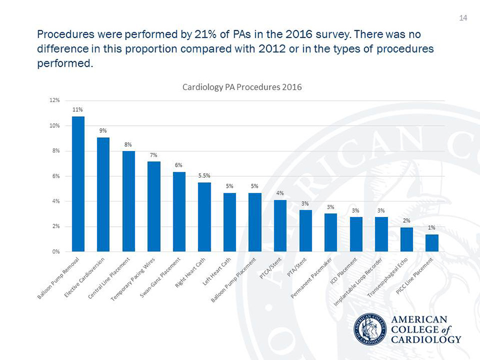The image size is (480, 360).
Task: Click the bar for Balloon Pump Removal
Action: tap(78, 184)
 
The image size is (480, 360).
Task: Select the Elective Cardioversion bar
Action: tap(103, 194)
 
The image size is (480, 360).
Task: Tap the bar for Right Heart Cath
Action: tap(204, 217)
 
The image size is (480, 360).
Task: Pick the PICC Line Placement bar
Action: tap(431, 243)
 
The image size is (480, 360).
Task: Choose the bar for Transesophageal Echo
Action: tap(406, 239)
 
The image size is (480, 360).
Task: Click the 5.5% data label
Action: tap(204, 175)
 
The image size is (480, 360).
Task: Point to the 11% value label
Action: tap(77, 109)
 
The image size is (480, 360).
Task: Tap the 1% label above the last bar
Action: tap(432, 228)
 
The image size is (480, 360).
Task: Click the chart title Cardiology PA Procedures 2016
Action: tap(242, 87)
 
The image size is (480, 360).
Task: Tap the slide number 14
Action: tap(462, 19)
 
